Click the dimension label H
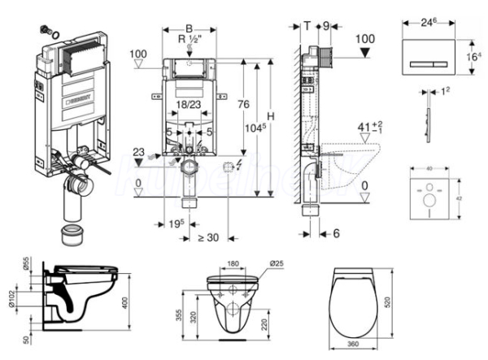pyautogui.click(x=272, y=115)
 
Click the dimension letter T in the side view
pyautogui.click(x=307, y=26)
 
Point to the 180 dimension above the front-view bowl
pyautogui.click(x=233, y=263)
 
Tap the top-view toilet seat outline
pyautogui.click(x=354, y=301)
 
